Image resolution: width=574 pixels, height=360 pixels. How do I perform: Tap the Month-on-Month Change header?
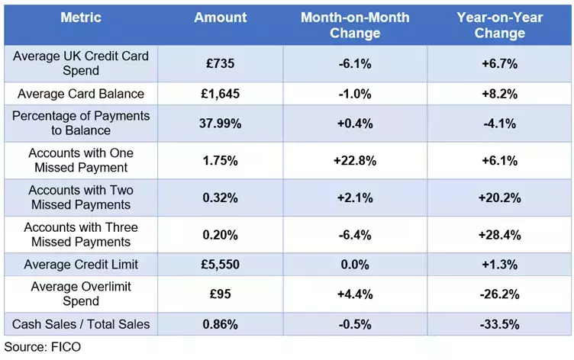tap(354, 24)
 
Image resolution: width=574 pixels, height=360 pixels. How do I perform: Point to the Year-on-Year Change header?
tap(499, 24)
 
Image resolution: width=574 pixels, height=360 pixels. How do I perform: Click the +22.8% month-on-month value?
tap(354, 160)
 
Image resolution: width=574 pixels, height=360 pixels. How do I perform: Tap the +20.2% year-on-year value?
tap(499, 198)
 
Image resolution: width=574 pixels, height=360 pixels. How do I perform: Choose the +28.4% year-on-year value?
tap(499, 235)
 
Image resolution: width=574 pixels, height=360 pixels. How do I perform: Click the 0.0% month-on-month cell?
tap(354, 264)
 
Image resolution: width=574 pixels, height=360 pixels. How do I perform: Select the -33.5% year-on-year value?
tap(499, 323)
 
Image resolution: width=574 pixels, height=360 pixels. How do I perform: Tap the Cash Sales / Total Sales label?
tap(80, 323)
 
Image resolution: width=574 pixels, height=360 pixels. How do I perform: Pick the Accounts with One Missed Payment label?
tap(79, 160)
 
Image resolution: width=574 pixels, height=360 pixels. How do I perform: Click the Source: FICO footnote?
tap(42, 347)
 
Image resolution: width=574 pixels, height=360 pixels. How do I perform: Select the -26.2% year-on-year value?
tap(499, 294)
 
